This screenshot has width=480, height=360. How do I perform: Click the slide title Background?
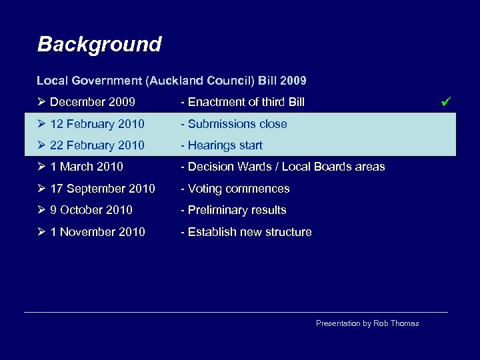(99, 45)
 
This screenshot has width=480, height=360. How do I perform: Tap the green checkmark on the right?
(447, 102)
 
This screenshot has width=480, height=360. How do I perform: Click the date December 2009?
(92, 102)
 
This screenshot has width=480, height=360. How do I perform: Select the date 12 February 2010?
(97, 124)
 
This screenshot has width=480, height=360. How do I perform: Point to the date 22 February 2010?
(97, 145)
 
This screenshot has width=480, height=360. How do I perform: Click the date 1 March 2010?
(87, 167)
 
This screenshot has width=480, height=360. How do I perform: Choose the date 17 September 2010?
(103, 189)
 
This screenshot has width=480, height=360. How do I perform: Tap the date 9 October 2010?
(91, 210)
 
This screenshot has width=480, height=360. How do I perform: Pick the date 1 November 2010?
(97, 232)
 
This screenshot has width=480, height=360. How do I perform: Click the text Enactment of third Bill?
(246, 102)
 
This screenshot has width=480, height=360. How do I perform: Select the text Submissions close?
(237, 124)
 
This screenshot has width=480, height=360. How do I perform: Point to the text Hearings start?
(225, 145)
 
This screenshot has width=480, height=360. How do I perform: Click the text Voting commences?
(239, 189)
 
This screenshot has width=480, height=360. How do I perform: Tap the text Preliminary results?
(237, 210)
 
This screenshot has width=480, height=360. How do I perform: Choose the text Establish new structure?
(249, 232)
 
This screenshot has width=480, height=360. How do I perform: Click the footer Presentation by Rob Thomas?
(367, 323)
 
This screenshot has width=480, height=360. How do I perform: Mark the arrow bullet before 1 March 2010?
(41, 167)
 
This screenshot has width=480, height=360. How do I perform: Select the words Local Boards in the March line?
(323, 167)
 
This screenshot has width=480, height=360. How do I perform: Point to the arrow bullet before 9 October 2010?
(41, 210)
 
